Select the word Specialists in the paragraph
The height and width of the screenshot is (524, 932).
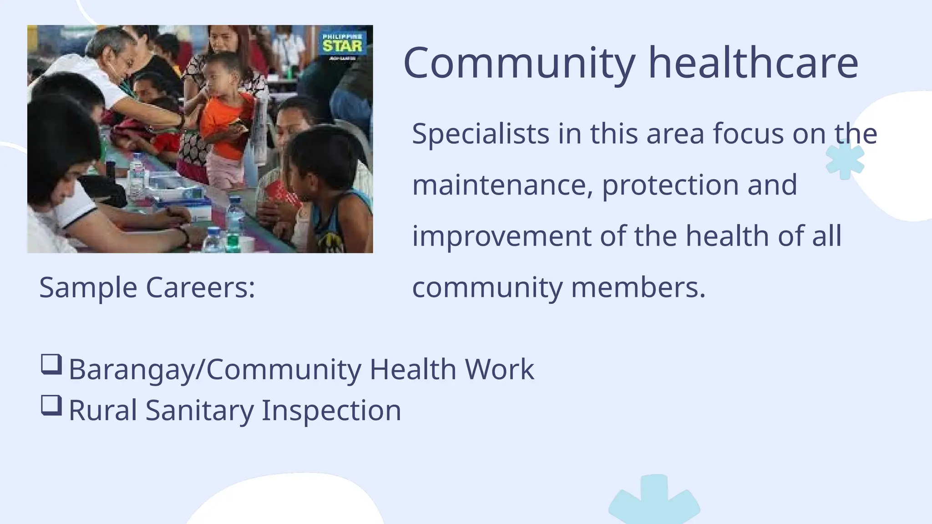click(481, 135)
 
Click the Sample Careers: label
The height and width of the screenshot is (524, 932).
click(147, 287)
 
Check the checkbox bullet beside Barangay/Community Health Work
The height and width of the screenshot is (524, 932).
click(51, 364)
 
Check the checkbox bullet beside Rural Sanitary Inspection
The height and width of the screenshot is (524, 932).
click(51, 405)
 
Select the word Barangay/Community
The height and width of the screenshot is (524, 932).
click(215, 369)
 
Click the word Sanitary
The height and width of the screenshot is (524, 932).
click(199, 410)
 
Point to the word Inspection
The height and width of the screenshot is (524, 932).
click(331, 410)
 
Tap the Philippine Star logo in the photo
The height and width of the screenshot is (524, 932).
click(342, 45)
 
